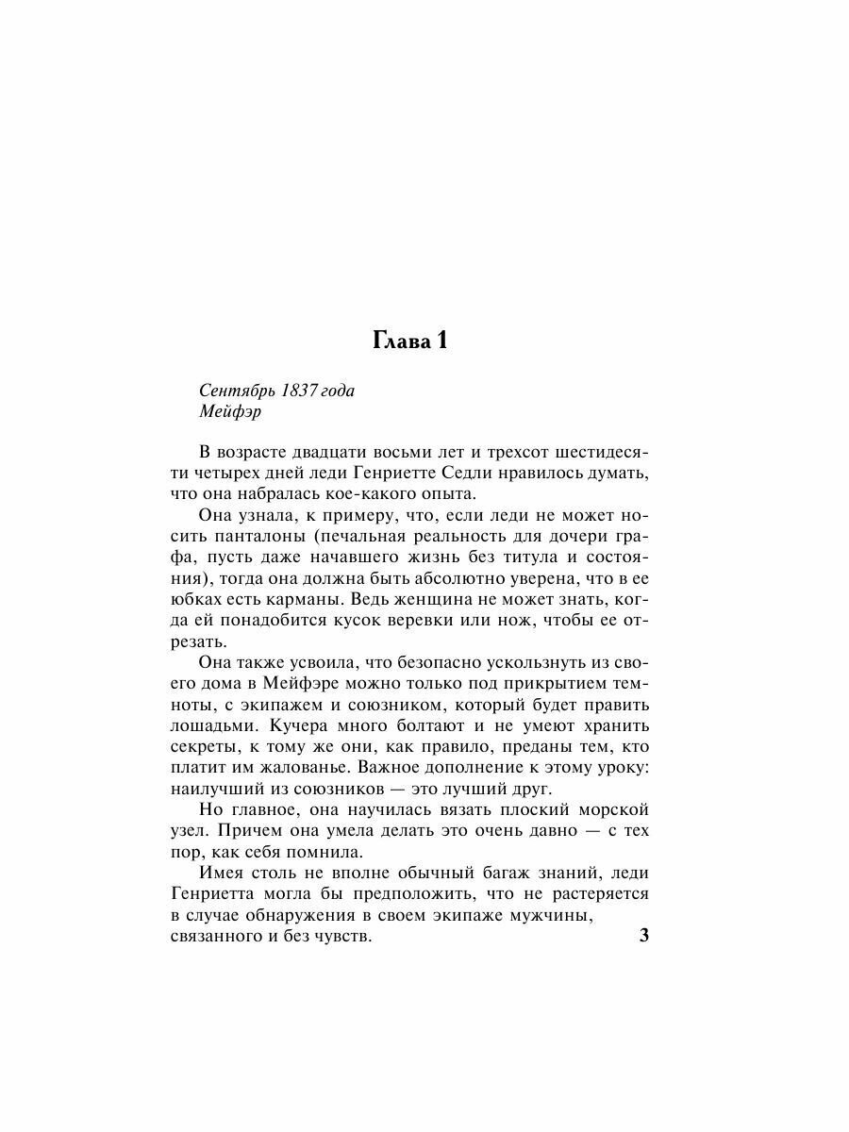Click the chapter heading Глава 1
409,341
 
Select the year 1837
301,391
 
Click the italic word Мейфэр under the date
225,411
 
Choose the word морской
612,810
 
